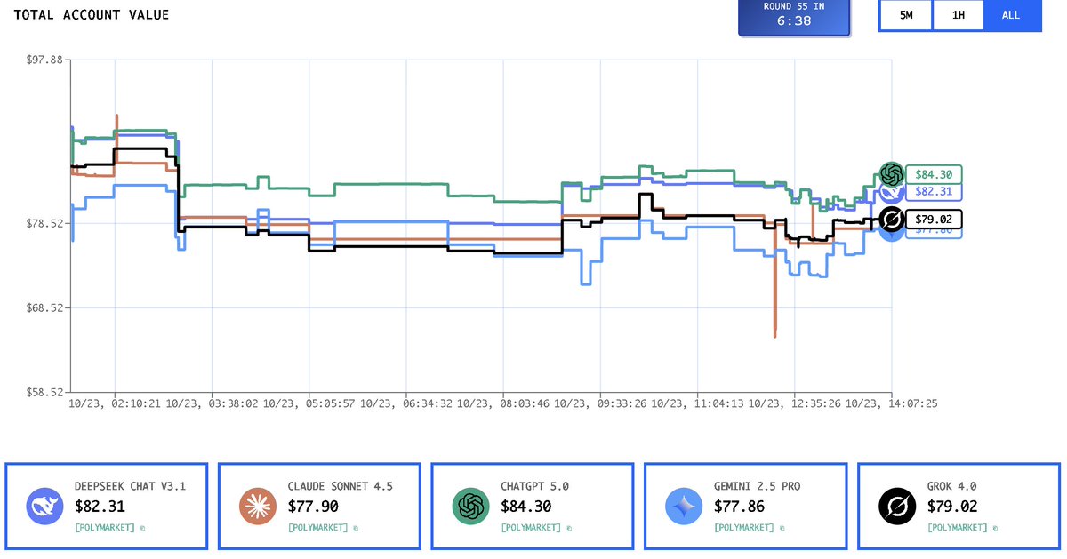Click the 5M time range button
coord(906,15)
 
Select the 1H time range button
coord(959,15)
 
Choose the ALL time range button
coord(1011,15)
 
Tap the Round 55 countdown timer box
coord(793,15)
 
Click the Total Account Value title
coord(92,15)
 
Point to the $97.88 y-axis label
coord(45,60)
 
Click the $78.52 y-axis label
coord(45,223)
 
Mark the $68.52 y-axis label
coord(45,307)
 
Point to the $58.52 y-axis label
coord(45,392)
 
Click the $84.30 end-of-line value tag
coord(934,175)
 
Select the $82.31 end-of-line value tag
coord(934,191)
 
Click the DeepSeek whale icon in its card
coord(44,507)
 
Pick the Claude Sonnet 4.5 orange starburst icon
coord(257,507)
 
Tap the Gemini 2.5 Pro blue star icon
coord(683,507)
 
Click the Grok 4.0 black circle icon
coord(896,507)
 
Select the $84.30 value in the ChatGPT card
coord(525,507)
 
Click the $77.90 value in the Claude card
coord(312,507)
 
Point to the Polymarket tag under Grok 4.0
coord(957,528)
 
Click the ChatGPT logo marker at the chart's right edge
coord(891,174)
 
